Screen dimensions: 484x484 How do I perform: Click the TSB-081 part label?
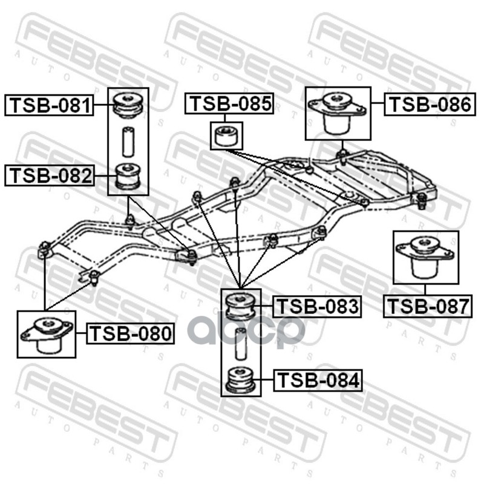point(49,106)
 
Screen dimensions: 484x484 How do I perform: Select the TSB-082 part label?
point(49,176)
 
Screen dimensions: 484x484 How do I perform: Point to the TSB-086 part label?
point(428,105)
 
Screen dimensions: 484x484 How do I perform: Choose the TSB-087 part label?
point(427,307)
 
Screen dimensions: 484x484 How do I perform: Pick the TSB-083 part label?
point(317,307)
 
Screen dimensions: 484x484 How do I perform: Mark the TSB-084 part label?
point(318,381)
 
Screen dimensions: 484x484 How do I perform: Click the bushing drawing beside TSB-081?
point(128,104)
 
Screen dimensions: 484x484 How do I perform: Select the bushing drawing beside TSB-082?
point(128,175)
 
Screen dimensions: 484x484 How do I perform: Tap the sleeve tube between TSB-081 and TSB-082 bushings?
point(128,141)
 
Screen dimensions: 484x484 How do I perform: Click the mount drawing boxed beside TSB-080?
point(47,334)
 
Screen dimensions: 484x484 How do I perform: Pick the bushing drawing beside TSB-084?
point(240,379)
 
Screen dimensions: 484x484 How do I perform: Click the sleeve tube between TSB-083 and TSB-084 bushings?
point(240,342)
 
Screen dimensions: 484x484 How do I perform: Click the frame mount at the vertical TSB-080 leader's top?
point(45,248)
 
